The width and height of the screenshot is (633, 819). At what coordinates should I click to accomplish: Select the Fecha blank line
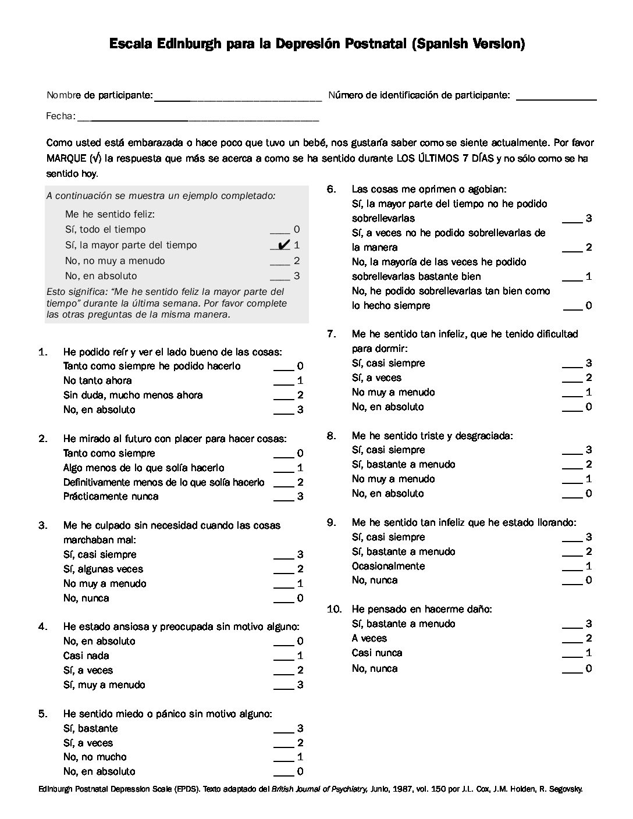click(198, 120)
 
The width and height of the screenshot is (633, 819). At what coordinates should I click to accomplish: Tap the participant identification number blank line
click(556, 99)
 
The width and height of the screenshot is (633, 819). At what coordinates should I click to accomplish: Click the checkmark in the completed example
click(285, 245)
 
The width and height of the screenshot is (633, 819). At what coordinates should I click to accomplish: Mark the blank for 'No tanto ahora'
click(283, 383)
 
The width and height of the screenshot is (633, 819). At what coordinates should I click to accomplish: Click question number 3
click(43, 525)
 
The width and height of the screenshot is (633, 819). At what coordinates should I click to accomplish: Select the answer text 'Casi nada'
click(86, 656)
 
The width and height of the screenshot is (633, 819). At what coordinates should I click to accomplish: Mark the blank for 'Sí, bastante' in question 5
click(283, 731)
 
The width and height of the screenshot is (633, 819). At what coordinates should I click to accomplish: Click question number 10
click(334, 609)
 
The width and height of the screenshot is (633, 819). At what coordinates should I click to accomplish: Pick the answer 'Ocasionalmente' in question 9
click(388, 566)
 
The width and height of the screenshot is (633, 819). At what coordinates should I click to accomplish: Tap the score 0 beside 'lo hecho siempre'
click(589, 305)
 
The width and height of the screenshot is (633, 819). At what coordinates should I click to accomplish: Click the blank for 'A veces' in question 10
click(572, 642)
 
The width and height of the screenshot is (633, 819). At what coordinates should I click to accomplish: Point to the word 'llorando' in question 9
click(557, 522)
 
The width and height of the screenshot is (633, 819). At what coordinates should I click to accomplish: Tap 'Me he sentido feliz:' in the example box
click(110, 214)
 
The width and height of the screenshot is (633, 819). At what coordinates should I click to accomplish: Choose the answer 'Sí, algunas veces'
click(103, 569)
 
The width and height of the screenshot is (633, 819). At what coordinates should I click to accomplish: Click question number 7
click(332, 334)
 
